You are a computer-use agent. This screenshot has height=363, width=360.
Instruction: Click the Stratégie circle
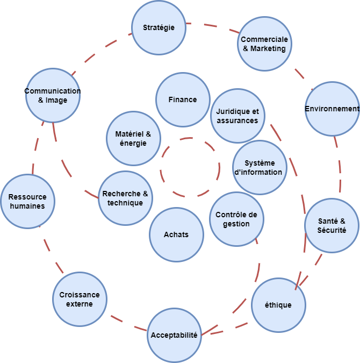pyautogui.click(x=159, y=27)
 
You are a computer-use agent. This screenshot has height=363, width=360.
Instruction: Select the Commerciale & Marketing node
pyautogui.click(x=264, y=44)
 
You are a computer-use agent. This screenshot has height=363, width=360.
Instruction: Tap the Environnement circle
pyautogui.click(x=332, y=109)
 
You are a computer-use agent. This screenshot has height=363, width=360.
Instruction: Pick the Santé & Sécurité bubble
pyautogui.click(x=332, y=225)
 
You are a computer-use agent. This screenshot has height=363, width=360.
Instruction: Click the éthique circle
pyautogui.click(x=278, y=305)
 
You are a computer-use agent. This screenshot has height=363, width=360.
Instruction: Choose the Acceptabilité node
pyautogui.click(x=174, y=335)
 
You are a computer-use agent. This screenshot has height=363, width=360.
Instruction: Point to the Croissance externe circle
pyautogui.click(x=80, y=299)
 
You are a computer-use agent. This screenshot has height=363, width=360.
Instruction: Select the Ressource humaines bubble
pyautogui.click(x=27, y=201)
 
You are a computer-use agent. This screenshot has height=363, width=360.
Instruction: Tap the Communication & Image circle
pyautogui.click(x=53, y=95)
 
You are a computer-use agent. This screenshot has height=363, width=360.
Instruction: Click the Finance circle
pyautogui.click(x=183, y=99)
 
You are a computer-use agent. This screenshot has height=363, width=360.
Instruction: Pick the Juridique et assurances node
pyautogui.click(x=237, y=116)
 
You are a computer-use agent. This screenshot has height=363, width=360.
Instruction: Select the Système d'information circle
pyautogui.click(x=260, y=168)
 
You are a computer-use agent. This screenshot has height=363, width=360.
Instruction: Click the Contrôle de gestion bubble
pyautogui.click(x=236, y=219)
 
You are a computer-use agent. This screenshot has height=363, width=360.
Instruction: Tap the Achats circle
pyautogui.click(x=176, y=234)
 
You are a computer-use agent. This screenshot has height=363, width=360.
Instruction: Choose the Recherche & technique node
pyautogui.click(x=125, y=198)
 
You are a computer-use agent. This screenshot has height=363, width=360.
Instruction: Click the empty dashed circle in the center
pyautogui.click(x=190, y=167)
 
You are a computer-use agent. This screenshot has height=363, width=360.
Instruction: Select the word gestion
pyautogui.click(x=236, y=224)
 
